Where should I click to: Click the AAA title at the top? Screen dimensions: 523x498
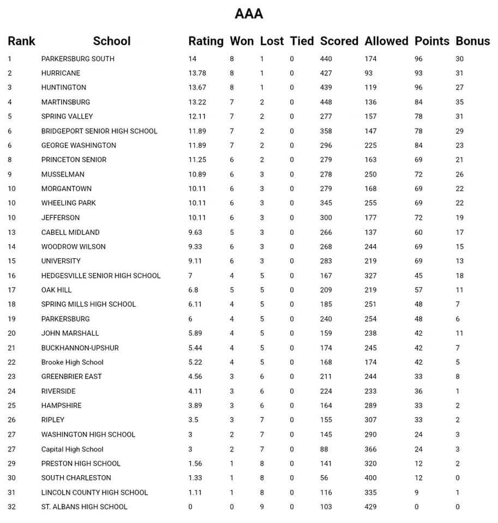pos(249,14)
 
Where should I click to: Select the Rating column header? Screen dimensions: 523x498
pos(206,41)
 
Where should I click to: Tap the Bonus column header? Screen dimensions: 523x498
pos(472,41)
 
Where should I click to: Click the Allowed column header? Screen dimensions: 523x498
pos(386,41)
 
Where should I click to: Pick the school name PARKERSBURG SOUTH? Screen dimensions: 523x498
pos(78,59)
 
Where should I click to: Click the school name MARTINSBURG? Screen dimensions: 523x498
pos(65,102)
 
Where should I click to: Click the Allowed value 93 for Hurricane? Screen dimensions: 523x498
pos(369,73)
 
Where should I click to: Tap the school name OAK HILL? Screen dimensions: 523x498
pos(56,290)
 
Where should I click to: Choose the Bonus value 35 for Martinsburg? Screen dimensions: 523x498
pos(460,102)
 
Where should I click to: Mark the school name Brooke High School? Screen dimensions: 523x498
pos(72,362)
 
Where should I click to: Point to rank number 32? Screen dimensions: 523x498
pos(12,507)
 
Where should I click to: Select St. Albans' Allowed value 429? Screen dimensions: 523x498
pos(371,507)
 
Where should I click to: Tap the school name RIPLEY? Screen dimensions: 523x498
pos(52,420)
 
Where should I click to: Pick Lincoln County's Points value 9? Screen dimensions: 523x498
pos(417,492)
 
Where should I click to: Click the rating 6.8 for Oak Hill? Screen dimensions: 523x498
pos(194,290)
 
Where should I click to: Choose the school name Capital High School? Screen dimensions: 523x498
pos(72,449)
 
